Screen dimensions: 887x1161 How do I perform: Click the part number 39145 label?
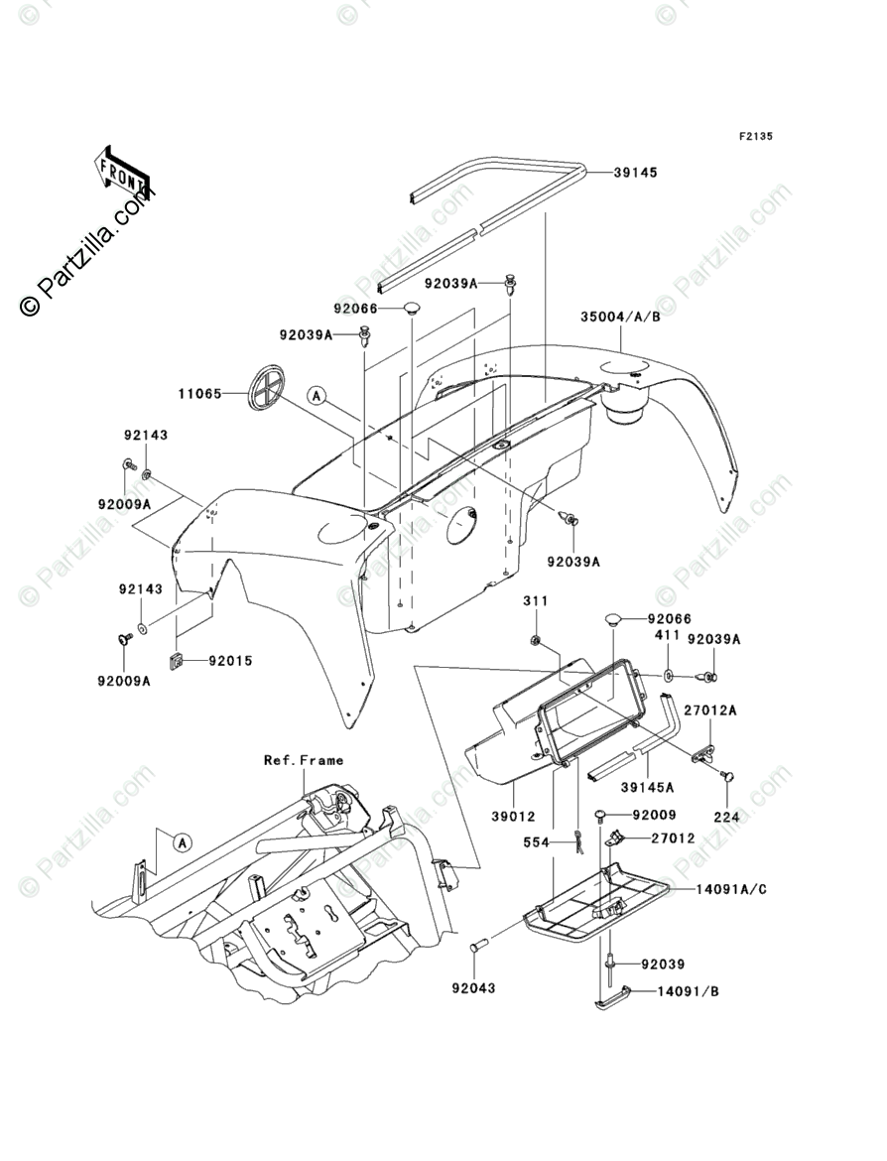tap(635, 173)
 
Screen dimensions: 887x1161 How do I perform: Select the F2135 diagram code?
tap(755, 136)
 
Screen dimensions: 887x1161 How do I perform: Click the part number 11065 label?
tap(199, 394)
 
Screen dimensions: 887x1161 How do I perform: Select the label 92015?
tap(230, 661)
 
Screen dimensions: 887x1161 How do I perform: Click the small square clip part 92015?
tap(177, 661)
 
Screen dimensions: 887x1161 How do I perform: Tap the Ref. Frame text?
tap(304, 760)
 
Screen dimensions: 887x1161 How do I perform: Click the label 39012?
tap(512, 817)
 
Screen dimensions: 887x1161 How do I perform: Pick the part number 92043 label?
tap(473, 987)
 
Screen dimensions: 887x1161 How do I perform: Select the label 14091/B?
tap(688, 990)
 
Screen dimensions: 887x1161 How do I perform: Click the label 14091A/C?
tap(731, 888)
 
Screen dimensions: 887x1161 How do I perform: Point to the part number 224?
tap(726, 817)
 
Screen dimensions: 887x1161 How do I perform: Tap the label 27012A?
tap(710, 710)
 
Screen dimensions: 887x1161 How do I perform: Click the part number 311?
tap(536, 600)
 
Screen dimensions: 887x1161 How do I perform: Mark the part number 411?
tap(667, 635)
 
